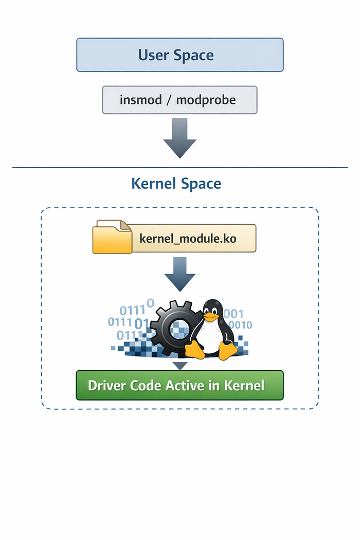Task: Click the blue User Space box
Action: coord(179,55)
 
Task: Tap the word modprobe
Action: coord(206,100)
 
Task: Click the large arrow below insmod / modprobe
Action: coord(179,138)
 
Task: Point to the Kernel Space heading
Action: coord(176,184)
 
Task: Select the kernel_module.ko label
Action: coord(188,239)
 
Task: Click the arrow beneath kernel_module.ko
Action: coord(179,274)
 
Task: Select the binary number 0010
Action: coord(240,325)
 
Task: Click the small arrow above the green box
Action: coord(179,366)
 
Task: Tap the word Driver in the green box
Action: coord(105,386)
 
